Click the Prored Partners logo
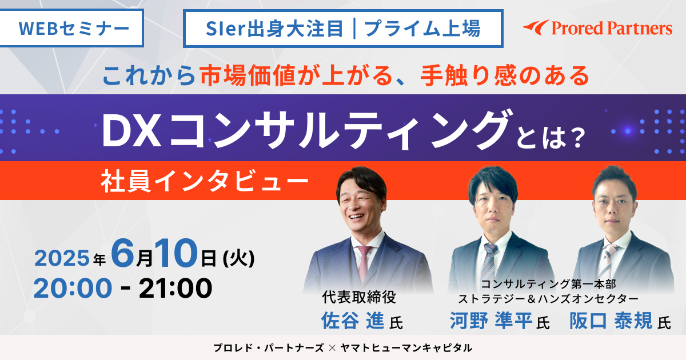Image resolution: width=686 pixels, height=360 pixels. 597,28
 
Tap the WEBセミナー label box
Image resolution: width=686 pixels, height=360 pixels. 71,28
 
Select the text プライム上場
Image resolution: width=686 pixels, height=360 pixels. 422,29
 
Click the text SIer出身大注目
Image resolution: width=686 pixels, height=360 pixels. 274,29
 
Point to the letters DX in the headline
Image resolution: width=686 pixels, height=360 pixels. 131,131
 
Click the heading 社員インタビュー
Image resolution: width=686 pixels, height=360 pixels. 204,181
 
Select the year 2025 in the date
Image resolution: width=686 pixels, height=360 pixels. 62,258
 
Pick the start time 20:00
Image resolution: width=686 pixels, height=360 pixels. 73,288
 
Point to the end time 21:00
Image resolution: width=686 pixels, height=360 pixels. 176,288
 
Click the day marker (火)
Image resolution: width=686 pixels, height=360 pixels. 239,259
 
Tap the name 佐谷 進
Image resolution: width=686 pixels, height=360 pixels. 353,321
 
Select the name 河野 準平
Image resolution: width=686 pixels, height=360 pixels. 491,321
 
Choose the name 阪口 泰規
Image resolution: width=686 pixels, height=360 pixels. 611,321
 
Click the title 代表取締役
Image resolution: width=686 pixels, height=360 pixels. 359,297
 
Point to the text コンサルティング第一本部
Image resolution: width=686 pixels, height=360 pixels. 548,284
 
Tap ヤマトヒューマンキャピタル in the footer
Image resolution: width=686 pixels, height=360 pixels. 406,348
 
